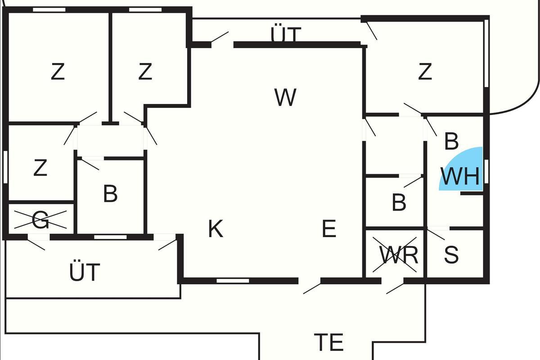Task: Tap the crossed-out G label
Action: tap(40, 220)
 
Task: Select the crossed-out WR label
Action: tap(399, 256)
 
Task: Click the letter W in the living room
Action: tap(285, 97)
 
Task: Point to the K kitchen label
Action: tap(216, 229)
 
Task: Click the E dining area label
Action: tap(329, 229)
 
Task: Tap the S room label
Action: tap(451, 255)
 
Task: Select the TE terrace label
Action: tap(328, 342)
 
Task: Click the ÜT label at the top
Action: tap(285, 34)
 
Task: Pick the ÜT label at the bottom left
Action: tap(85, 272)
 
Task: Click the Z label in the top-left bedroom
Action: tap(58, 72)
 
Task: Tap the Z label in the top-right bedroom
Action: tap(425, 72)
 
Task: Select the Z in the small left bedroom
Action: tap(40, 168)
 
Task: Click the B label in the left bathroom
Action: tap(110, 194)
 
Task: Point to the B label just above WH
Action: tap(451, 141)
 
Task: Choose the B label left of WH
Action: tap(399, 202)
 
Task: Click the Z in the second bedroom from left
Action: tap(145, 72)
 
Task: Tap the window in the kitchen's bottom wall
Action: tap(233, 281)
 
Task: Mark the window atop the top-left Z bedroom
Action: tap(49, 9)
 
